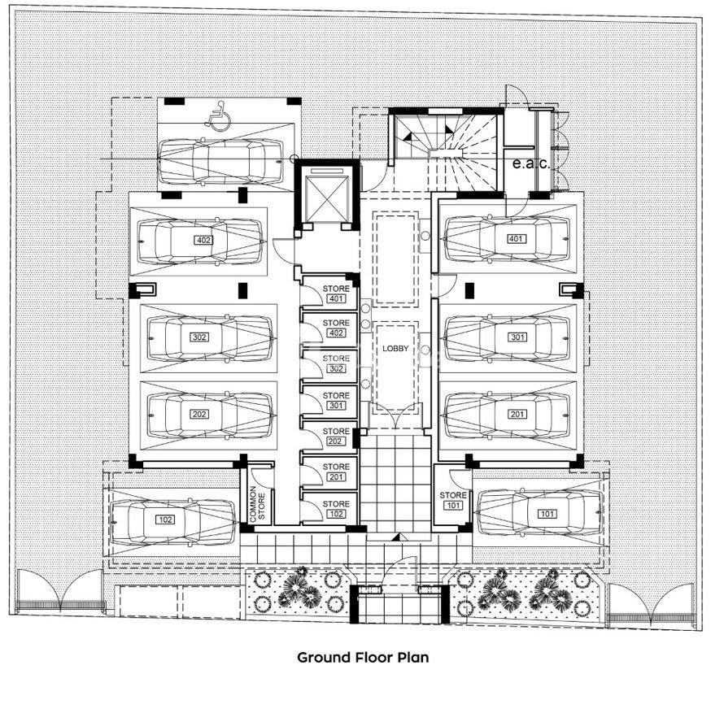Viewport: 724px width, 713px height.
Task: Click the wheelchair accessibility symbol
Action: pyautogui.click(x=215, y=114)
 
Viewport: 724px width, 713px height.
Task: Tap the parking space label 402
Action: pyautogui.click(x=203, y=240)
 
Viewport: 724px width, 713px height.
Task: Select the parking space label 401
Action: pyautogui.click(x=515, y=238)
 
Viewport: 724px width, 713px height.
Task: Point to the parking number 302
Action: pyautogui.click(x=199, y=337)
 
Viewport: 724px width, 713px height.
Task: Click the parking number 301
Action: pyautogui.click(x=517, y=337)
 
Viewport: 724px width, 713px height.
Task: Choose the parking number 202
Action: pyautogui.click(x=199, y=414)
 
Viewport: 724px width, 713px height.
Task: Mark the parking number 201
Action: pyautogui.click(x=517, y=414)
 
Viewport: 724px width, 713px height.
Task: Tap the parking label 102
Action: pyautogui.click(x=165, y=520)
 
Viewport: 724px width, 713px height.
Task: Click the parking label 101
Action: pyautogui.click(x=547, y=514)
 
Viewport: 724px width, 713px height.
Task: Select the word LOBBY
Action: pyautogui.click(x=395, y=349)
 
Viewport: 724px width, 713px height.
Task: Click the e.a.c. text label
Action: pyautogui.click(x=531, y=163)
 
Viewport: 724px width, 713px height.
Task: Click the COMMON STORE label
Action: pyautogui.click(x=257, y=503)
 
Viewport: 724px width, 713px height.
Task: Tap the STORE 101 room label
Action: pyautogui.click(x=453, y=500)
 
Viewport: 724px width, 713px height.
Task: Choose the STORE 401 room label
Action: pyautogui.click(x=336, y=293)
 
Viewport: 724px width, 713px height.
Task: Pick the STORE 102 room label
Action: pyautogui.click(x=336, y=509)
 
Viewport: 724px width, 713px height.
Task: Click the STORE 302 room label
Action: pyautogui.click(x=336, y=363)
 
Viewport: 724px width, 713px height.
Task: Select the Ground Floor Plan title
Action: pyautogui.click(x=363, y=657)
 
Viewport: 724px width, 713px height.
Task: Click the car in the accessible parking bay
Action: pyautogui.click(x=220, y=162)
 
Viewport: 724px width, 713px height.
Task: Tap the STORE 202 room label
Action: pyautogui.click(x=336, y=436)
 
